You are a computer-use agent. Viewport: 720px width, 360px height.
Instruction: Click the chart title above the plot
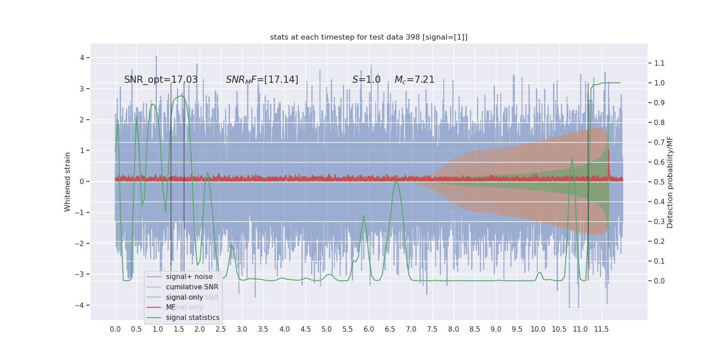(x=369, y=37)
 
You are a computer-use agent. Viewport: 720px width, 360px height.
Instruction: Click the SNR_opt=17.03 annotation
(x=161, y=80)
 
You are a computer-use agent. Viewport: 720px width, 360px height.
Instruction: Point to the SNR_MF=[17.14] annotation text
(x=262, y=80)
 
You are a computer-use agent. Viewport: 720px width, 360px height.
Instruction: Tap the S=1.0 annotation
(x=366, y=80)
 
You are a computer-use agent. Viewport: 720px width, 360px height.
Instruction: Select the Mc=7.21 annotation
(x=414, y=80)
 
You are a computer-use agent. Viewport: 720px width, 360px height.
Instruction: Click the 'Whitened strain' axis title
(x=67, y=182)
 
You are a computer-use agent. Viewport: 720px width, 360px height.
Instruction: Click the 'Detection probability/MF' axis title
(x=670, y=182)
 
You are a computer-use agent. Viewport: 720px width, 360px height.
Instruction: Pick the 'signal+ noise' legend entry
(x=189, y=277)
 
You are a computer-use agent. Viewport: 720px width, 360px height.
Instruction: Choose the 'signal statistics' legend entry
(x=193, y=318)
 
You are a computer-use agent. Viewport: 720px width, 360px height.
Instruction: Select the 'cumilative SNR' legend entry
(x=192, y=287)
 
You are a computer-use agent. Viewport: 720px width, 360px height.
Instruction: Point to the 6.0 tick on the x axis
(x=369, y=329)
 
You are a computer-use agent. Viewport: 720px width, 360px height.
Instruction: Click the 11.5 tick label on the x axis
(x=601, y=329)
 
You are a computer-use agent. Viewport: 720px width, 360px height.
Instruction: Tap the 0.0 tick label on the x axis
(x=115, y=329)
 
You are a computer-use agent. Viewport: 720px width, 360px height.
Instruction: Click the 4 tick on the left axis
(x=82, y=58)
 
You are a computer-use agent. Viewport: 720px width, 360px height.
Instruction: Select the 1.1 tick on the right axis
(x=659, y=63)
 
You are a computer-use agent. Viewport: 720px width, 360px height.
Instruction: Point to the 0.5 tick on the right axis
(x=659, y=182)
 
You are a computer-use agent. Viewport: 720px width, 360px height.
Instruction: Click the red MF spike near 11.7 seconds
(x=608, y=153)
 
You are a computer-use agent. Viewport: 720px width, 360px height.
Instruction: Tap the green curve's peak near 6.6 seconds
(x=396, y=181)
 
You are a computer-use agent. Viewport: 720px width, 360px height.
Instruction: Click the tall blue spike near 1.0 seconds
(x=156, y=57)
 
